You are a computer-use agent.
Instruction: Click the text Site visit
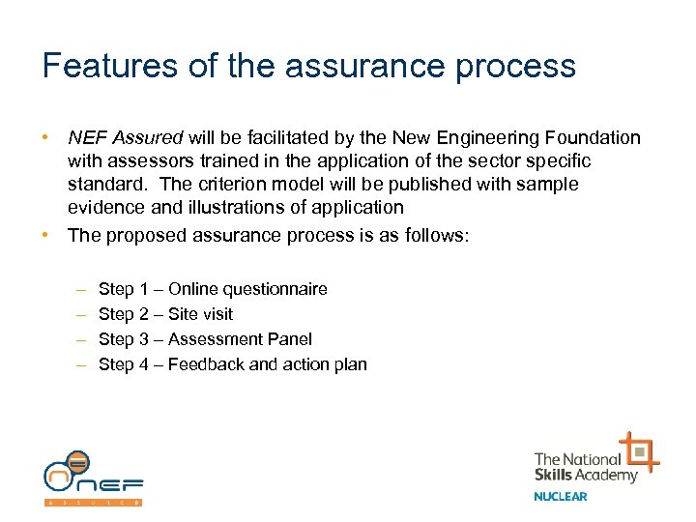[x=200, y=314]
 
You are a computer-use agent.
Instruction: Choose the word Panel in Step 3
[x=287, y=339]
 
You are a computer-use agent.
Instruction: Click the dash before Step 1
[x=78, y=289]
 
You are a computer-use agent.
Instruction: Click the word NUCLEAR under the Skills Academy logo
[x=560, y=497]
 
